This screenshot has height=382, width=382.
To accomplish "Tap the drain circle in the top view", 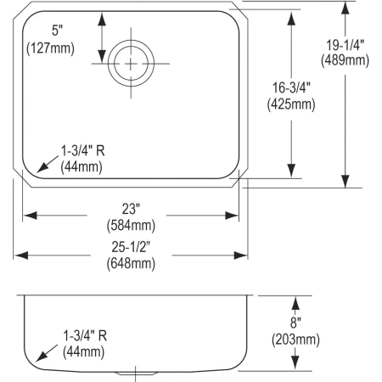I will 129,60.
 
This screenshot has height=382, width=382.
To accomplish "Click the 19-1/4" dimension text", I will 345,43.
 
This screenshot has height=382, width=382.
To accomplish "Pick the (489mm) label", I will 345,61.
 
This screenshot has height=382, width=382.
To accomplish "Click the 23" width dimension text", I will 131,207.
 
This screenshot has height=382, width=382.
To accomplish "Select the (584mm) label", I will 131,225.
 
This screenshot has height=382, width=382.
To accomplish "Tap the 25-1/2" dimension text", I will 131,245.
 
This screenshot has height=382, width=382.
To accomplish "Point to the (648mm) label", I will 131,263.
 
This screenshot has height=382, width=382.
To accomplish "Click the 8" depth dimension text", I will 295,323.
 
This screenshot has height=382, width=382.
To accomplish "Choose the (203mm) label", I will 295,340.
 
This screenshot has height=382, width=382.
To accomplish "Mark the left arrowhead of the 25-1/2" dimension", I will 17,254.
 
